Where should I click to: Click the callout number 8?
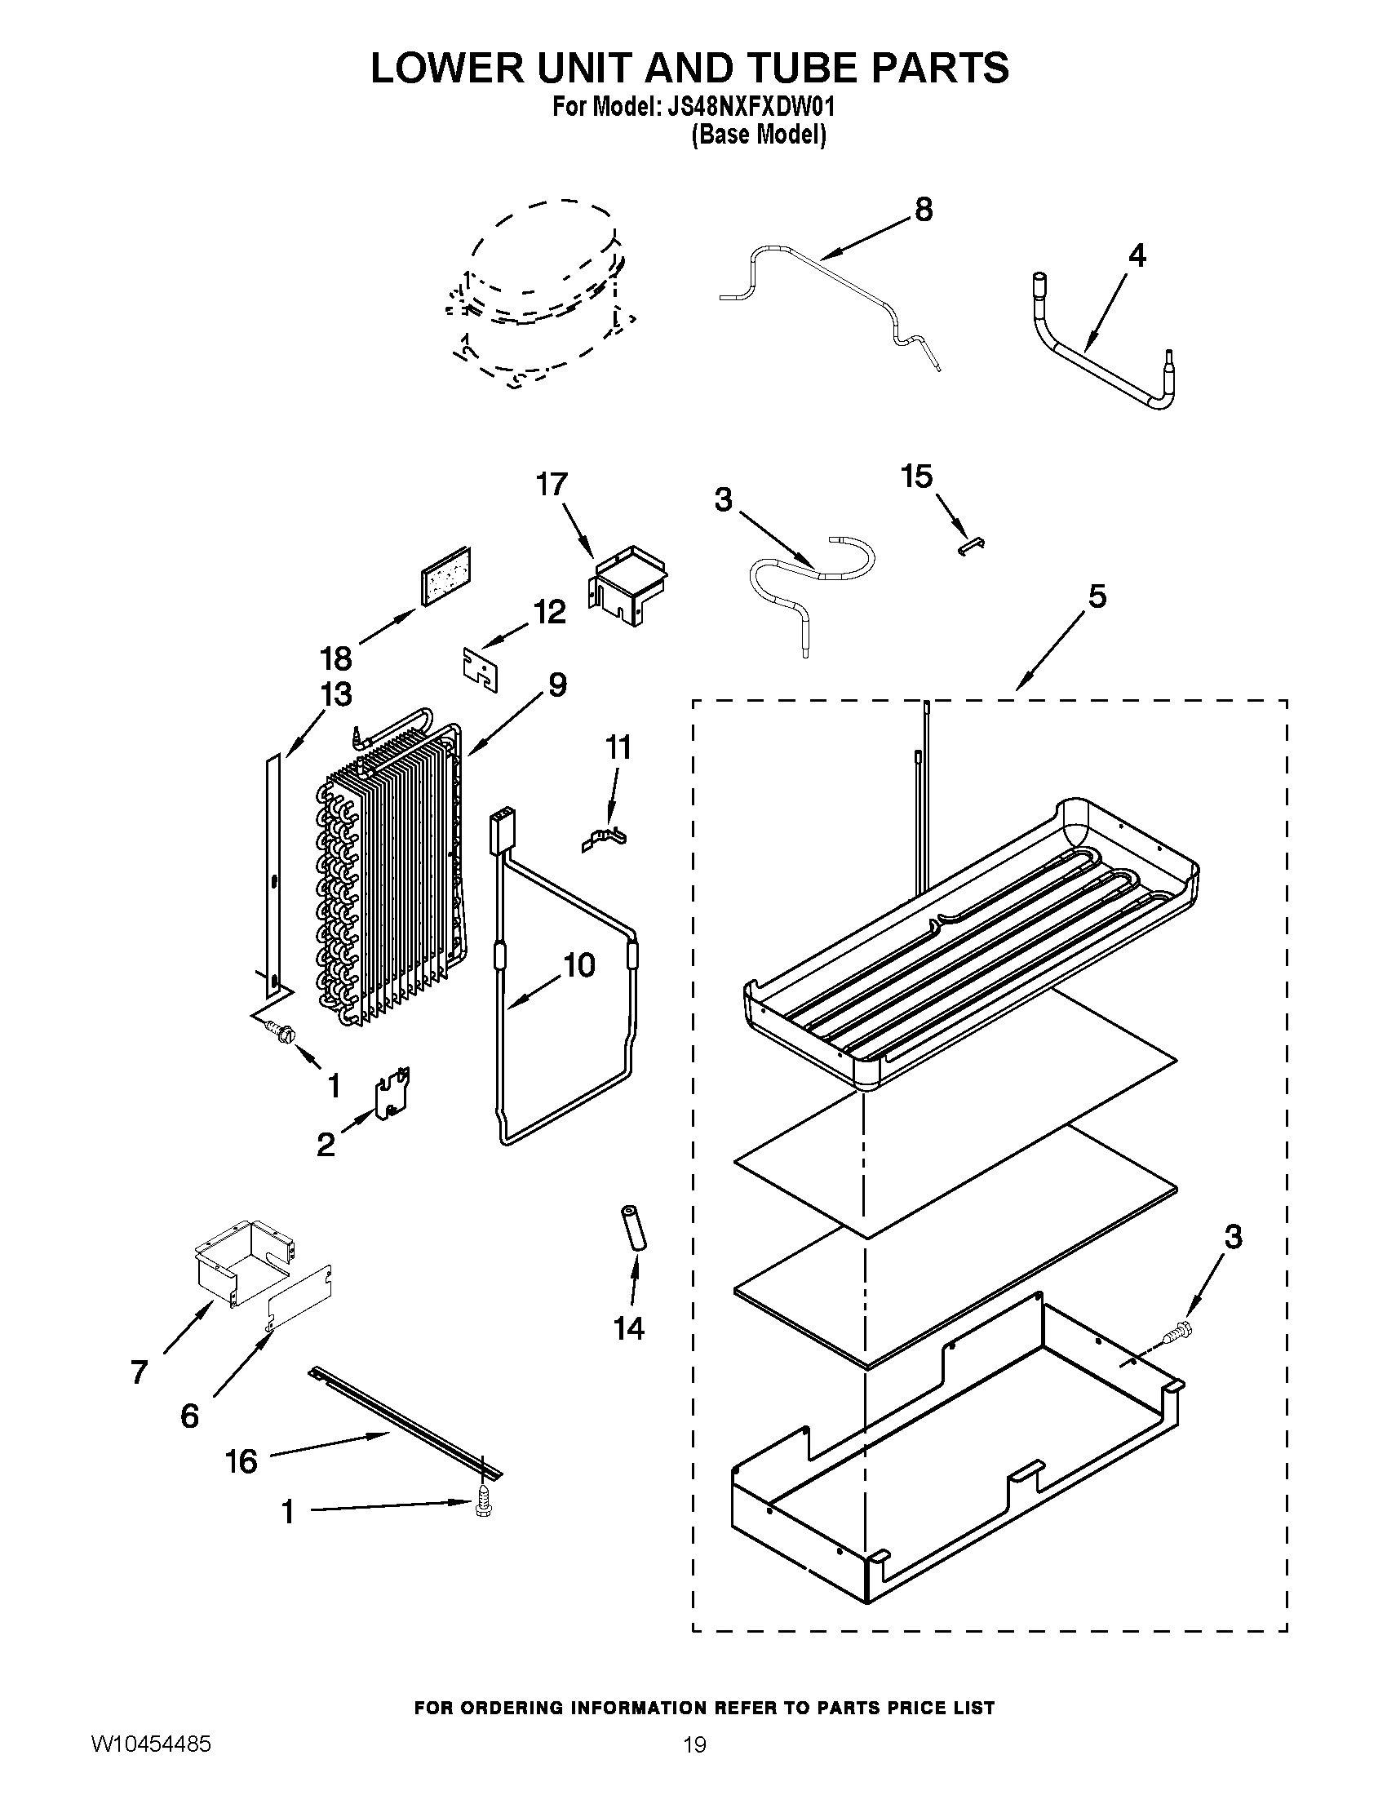pos(924,211)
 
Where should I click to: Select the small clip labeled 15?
pos(973,546)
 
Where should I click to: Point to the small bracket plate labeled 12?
pos(480,671)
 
